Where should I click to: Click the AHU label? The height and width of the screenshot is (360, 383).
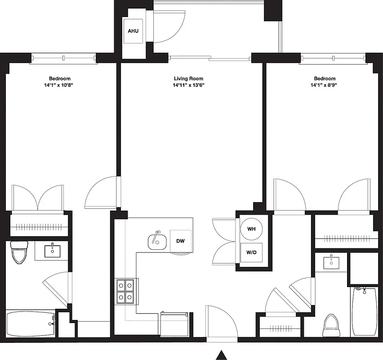(x=133, y=31)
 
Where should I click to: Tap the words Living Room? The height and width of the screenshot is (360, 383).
(x=188, y=79)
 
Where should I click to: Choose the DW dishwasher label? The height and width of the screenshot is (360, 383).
(x=181, y=241)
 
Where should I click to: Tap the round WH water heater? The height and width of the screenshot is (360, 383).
(x=251, y=229)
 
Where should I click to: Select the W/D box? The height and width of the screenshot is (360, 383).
(x=251, y=252)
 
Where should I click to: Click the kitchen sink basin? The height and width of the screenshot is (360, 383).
(x=156, y=242)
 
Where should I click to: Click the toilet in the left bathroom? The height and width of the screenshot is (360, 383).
(x=19, y=253)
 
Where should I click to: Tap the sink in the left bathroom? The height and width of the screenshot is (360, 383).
(x=53, y=251)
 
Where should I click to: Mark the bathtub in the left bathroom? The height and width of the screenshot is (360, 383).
(x=30, y=324)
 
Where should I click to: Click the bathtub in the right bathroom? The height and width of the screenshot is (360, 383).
(x=364, y=311)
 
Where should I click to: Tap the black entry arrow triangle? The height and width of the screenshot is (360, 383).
(x=221, y=355)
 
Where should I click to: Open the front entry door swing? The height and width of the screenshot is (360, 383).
(x=220, y=320)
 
